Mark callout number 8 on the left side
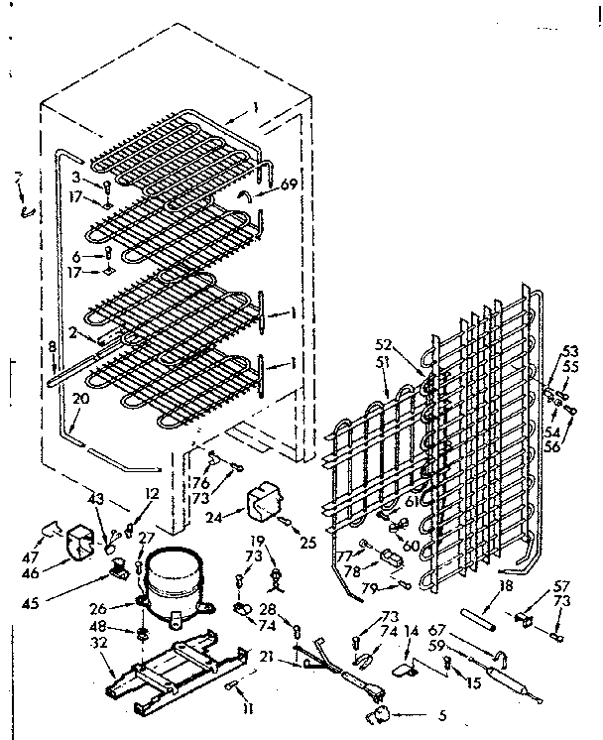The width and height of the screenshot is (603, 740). pos(52,347)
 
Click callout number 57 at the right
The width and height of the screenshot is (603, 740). pos(561,587)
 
